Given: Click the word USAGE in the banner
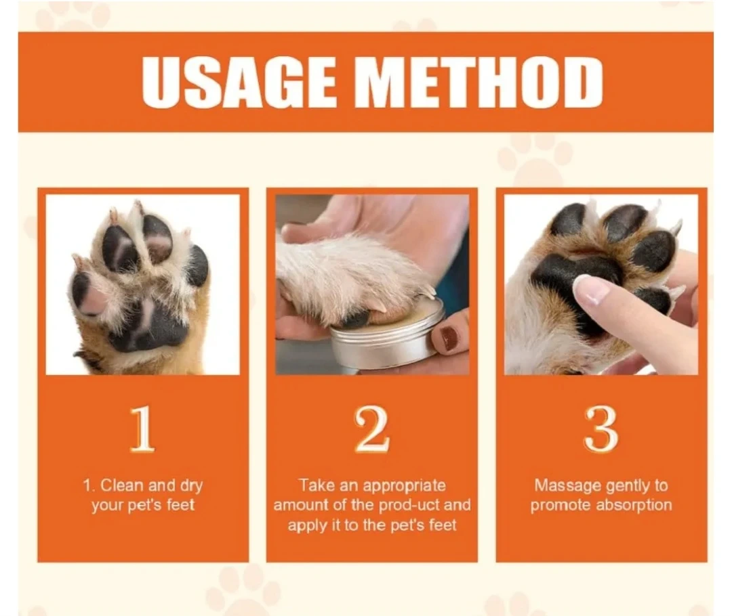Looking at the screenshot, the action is coord(238,83).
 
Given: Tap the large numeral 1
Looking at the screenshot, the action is coord(142,428).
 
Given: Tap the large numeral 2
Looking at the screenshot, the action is coord(372,428).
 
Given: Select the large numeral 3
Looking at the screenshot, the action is coord(601,428).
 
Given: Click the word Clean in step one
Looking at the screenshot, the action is coord(122,485).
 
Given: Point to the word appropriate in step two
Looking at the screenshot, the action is coord(404,486).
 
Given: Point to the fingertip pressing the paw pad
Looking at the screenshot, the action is coord(588,292).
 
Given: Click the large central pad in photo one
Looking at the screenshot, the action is coord(152,324).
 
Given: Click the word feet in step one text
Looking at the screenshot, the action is coord(180,506).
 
